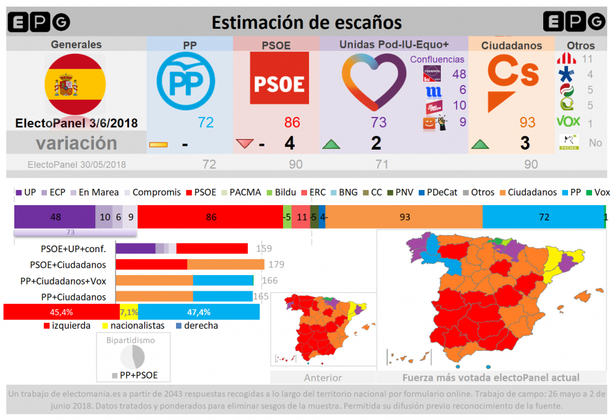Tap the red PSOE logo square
(279, 78)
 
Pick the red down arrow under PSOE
(245, 144)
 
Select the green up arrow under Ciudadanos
(480, 144)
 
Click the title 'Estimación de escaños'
(306, 22)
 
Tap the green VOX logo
(568, 121)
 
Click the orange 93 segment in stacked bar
(406, 216)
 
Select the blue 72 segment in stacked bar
(543, 216)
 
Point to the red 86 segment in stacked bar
(210, 216)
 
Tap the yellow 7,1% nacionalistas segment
(129, 312)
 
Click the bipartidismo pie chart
(132, 357)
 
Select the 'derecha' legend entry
(196, 325)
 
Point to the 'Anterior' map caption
(323, 378)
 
